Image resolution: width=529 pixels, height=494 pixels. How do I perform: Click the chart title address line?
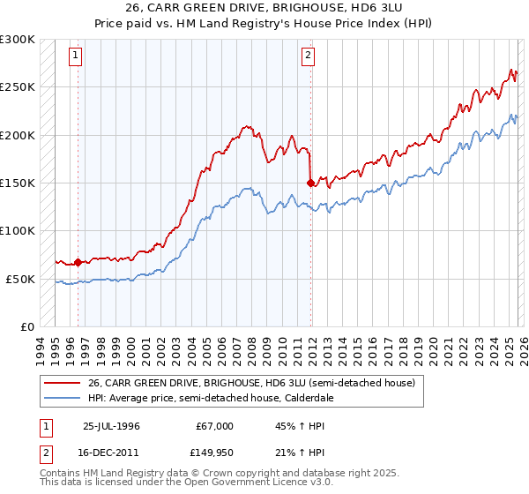click(264, 8)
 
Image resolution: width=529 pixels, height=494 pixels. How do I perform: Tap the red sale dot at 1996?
click(78, 262)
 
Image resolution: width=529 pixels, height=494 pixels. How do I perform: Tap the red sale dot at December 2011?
click(310, 183)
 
